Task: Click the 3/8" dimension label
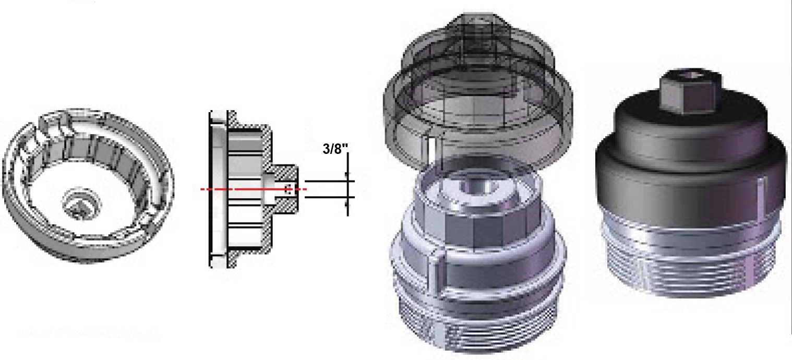(335, 149)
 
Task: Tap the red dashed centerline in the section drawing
(253, 189)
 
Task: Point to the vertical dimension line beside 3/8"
(348, 184)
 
